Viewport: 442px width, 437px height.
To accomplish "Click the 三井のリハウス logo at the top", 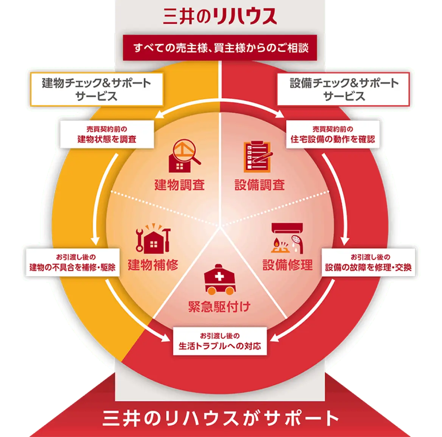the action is (x=220, y=16).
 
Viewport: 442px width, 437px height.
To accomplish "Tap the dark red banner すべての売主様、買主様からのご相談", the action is (x=220, y=48).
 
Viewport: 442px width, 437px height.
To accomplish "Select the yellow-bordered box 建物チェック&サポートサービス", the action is (x=97, y=89).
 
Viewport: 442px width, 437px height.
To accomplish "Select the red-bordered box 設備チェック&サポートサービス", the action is (x=344, y=89).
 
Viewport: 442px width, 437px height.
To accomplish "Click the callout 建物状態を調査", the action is (x=107, y=134).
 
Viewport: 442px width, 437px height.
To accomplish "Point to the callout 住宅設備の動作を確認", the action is (x=333, y=134).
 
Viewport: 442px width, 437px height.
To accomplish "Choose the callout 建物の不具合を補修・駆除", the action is (x=73, y=262).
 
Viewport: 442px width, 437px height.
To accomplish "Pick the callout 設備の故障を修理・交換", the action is (x=368, y=262).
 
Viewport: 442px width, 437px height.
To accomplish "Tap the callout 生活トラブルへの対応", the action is (x=220, y=341).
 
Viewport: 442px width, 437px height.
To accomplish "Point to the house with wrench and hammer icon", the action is (x=153, y=239).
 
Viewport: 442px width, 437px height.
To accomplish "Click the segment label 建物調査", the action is (x=179, y=185).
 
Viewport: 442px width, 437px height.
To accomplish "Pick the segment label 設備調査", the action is (x=260, y=185).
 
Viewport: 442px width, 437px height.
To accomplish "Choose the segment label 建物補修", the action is (x=153, y=265).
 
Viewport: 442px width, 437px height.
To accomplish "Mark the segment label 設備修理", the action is (x=288, y=265).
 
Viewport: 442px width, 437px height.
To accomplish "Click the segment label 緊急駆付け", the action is (x=219, y=307).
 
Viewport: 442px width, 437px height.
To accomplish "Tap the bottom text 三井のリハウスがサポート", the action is (x=221, y=418).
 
